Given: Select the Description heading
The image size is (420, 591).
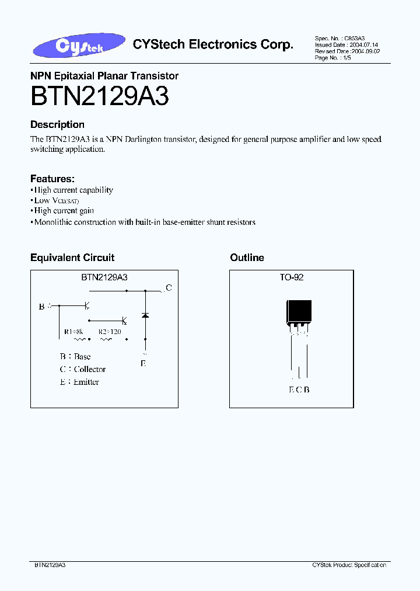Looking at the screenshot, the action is pyautogui.click(x=57, y=124).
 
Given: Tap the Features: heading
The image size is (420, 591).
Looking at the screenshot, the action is pyautogui.click(x=52, y=179).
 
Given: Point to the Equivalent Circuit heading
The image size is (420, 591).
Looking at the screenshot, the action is pyautogui.click(x=72, y=258).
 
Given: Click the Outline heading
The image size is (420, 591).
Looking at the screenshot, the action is pyautogui.click(x=247, y=258).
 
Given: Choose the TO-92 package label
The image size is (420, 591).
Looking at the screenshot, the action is pyautogui.click(x=291, y=278).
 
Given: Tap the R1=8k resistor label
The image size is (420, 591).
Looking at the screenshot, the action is pyautogui.click(x=74, y=332).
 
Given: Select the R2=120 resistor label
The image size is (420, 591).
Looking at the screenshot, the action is pyautogui.click(x=110, y=332).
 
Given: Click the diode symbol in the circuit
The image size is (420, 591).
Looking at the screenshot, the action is pyautogui.click(x=145, y=315).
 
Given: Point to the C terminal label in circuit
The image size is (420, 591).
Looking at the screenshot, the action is pyautogui.click(x=169, y=287).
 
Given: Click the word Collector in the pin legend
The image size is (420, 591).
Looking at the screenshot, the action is pyautogui.click(x=90, y=369).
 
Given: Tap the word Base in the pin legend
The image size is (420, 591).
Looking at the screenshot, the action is pyautogui.click(x=82, y=356).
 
